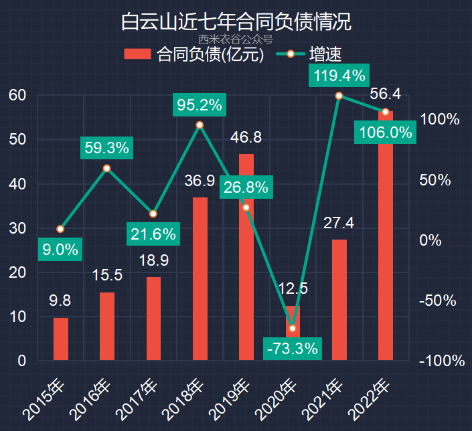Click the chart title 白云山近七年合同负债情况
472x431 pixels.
(x=236, y=21)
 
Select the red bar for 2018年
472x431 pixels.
(x=200, y=278)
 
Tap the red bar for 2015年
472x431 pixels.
(x=60, y=339)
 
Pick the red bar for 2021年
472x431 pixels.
(x=339, y=299)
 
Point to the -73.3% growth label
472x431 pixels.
(x=292, y=348)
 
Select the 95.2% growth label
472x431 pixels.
(x=199, y=104)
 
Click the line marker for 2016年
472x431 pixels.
(x=106, y=168)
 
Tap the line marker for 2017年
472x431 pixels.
(x=153, y=213)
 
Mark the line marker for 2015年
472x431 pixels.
(x=60, y=229)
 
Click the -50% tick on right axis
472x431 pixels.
(x=440, y=300)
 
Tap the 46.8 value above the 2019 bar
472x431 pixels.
(x=246, y=138)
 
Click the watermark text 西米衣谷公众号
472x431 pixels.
(x=236, y=39)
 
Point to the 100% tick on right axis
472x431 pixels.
(x=440, y=120)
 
